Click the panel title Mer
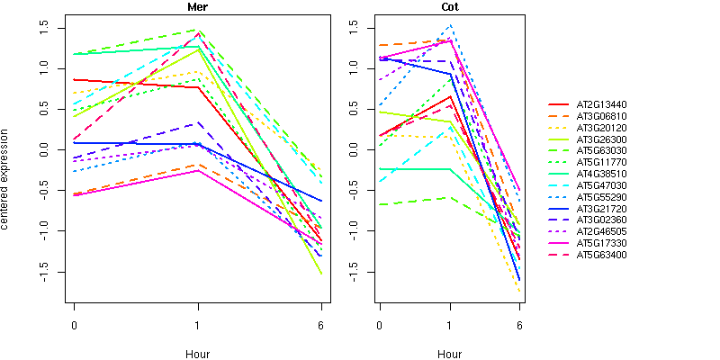coord(197,7)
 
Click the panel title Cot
coord(449,7)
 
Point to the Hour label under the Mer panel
coord(197,354)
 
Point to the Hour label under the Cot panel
coord(449,354)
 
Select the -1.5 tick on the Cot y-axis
coord(349,273)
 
